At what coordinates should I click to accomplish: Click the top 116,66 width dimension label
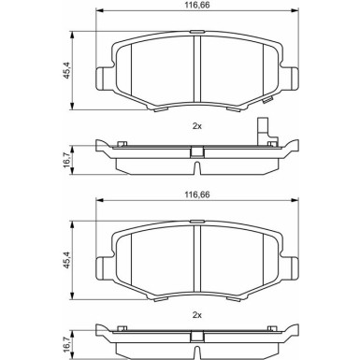(x=197, y=5)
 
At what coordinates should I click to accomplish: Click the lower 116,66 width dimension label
(x=197, y=194)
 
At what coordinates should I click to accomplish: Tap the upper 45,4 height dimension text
(x=67, y=70)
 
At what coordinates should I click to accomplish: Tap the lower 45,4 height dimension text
(x=67, y=260)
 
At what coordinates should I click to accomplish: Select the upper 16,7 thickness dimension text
(x=67, y=161)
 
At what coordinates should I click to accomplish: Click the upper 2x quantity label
(x=197, y=126)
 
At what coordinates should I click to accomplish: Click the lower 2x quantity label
(x=197, y=315)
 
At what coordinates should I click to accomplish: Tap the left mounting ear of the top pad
(x=103, y=79)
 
